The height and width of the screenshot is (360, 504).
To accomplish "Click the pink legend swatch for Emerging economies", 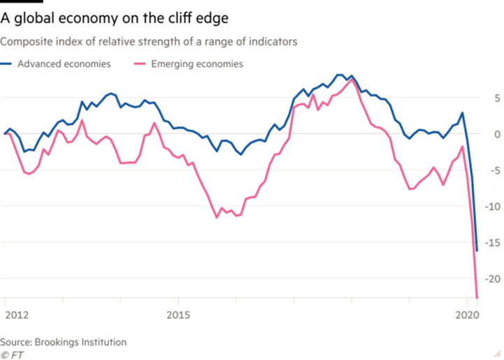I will pos(138,64).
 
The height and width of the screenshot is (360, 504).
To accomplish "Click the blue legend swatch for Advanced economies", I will pos(7,64).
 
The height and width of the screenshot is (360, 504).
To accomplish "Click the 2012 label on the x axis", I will pos(17,316).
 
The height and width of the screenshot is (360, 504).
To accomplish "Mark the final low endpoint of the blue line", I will pos(477,251).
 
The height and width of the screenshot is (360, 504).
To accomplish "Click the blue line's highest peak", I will pos(340,74).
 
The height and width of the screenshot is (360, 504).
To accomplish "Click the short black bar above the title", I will pos(17,3).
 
